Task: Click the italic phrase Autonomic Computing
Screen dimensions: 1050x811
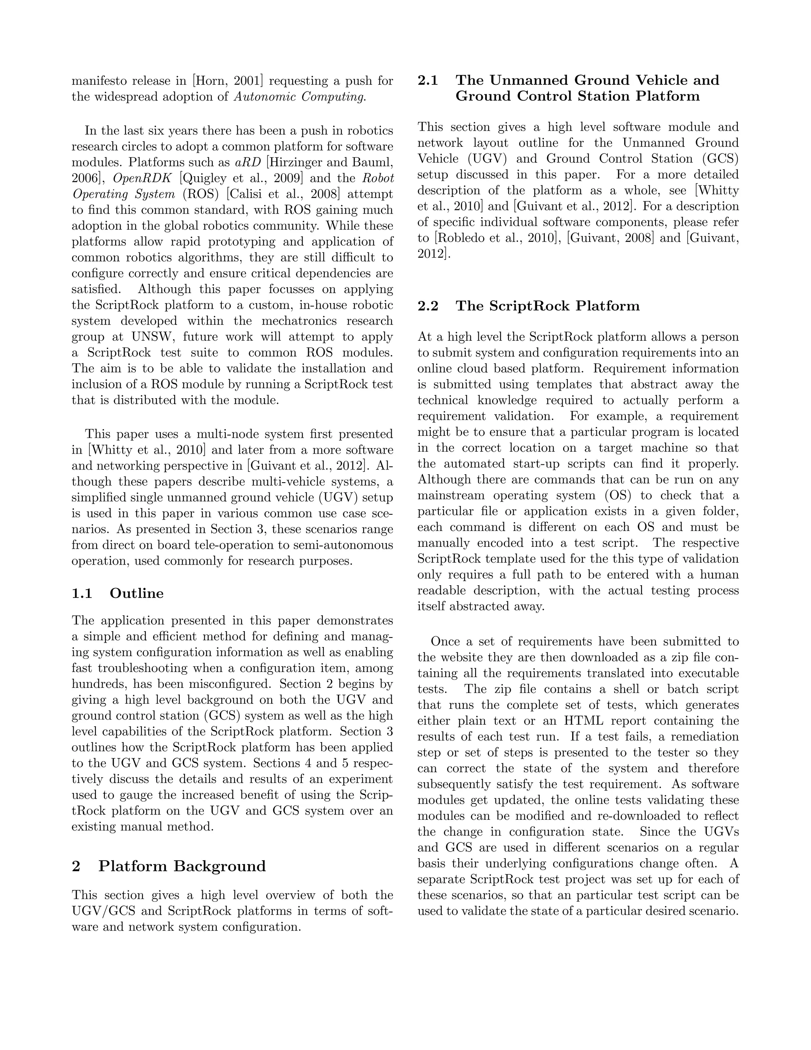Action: tap(300, 97)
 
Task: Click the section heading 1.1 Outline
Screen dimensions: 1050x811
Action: tap(118, 593)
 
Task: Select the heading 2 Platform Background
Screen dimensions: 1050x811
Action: tap(169, 866)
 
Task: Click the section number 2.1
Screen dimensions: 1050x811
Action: tap(428, 80)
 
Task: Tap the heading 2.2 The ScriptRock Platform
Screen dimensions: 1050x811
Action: tap(529, 306)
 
